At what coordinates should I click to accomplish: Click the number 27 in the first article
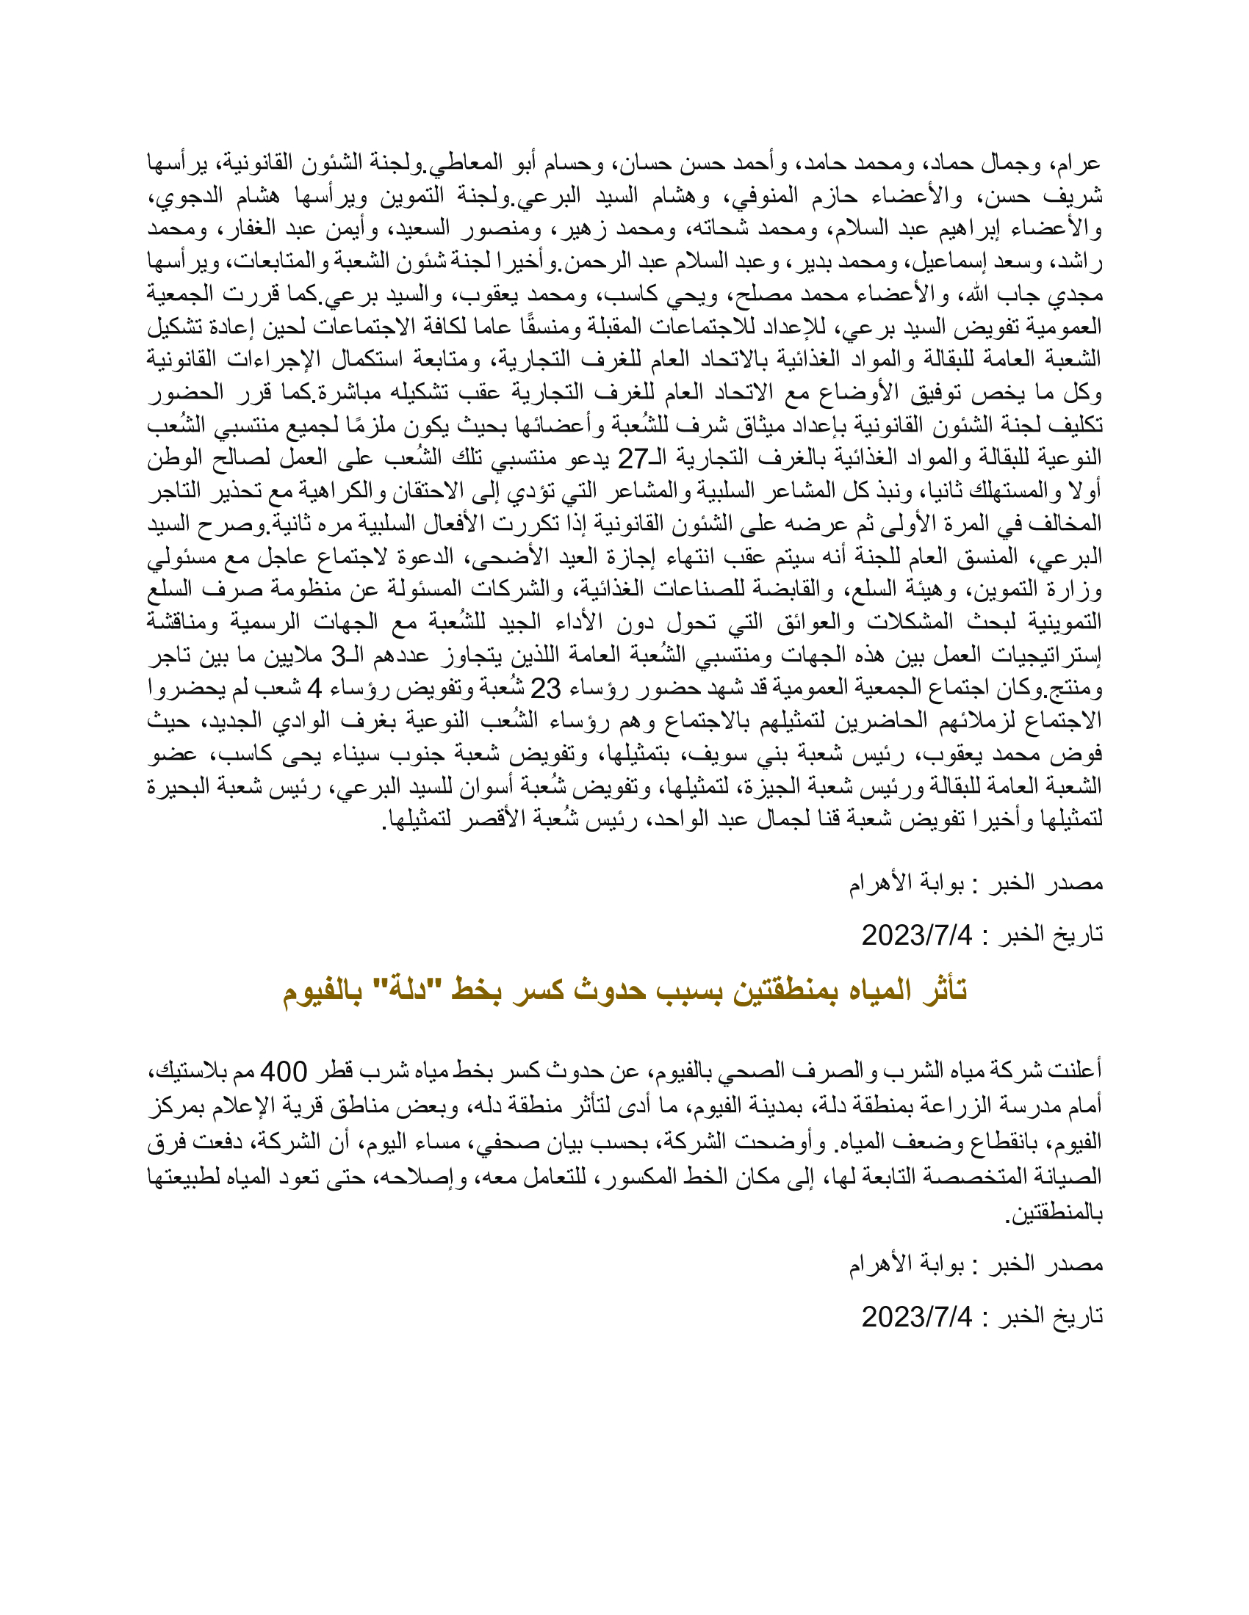point(633,459)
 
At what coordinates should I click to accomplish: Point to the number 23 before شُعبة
point(546,689)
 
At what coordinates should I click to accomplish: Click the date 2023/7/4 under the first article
point(917,935)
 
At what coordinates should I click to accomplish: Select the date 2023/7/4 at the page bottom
point(917,1317)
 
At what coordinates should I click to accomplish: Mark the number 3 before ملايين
point(337,655)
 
